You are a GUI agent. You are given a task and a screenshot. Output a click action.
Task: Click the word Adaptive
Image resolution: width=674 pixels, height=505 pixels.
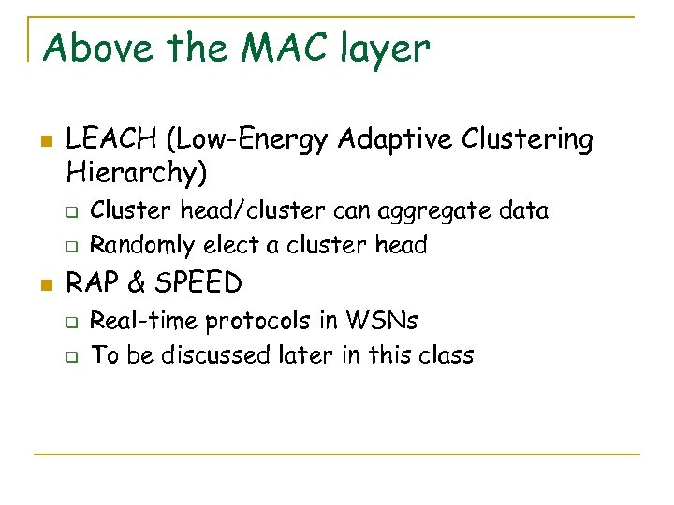397,140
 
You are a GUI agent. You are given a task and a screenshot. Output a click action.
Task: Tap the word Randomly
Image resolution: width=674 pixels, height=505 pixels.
142,246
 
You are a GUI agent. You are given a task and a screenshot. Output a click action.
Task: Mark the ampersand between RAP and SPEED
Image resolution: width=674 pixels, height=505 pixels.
132,282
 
